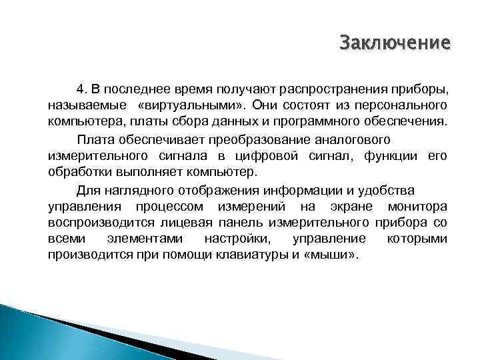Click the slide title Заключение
pos(395,43)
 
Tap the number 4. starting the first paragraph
pos(82,89)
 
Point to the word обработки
pos(78,173)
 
